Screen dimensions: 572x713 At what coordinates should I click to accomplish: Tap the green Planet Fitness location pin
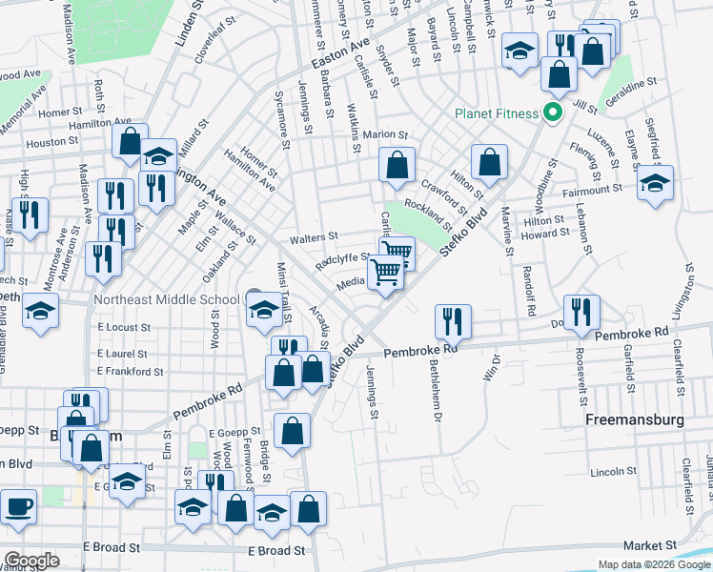551,113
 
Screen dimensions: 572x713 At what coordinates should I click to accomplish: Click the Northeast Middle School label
166,299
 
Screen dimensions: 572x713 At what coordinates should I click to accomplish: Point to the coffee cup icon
18,505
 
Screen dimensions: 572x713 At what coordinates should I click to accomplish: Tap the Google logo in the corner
31,561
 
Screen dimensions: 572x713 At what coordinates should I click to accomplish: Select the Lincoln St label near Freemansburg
612,472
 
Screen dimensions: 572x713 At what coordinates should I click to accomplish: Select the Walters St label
318,236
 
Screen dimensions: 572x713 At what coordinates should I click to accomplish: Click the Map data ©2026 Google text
653,564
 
